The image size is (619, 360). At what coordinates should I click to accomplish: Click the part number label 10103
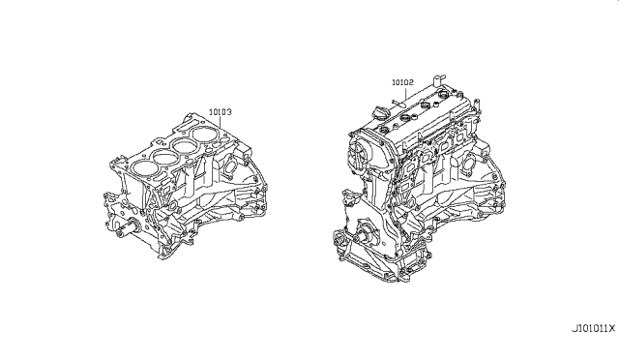click(x=221, y=112)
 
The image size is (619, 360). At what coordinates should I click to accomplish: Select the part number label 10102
click(x=402, y=82)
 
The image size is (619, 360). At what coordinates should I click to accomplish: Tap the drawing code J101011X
click(x=594, y=328)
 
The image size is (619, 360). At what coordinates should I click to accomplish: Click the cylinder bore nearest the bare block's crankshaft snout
click(x=142, y=167)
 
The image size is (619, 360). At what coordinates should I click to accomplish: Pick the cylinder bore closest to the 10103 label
click(x=205, y=135)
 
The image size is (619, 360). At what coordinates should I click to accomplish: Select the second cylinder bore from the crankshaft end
click(x=163, y=157)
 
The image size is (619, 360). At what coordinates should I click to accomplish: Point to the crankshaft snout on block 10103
click(x=127, y=228)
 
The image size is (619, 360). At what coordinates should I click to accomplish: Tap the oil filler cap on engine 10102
click(x=380, y=113)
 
